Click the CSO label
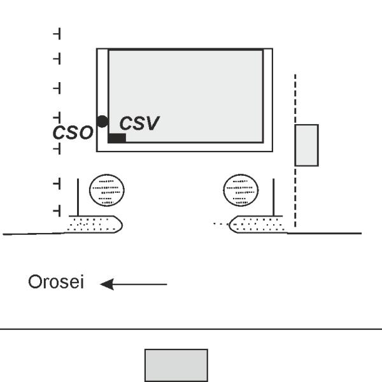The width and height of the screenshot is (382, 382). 73,132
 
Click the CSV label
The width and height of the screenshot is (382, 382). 139,124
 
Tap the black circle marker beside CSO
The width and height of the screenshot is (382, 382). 102,122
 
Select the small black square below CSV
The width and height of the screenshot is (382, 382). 117,138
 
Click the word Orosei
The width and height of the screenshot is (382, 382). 56,282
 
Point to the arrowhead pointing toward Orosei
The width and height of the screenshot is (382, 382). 107,284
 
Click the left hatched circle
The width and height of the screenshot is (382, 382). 107,190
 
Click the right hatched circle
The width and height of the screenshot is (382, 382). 241,190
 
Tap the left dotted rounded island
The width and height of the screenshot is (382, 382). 94,224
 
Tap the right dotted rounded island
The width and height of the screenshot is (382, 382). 257,224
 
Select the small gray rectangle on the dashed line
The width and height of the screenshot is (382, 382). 306,145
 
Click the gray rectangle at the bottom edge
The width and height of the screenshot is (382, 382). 176,365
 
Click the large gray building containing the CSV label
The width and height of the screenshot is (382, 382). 186,96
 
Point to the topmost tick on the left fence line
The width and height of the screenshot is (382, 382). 57,34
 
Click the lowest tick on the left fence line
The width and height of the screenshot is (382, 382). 57,211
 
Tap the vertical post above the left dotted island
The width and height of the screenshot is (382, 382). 78,197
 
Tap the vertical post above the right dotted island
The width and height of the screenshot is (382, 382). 273,197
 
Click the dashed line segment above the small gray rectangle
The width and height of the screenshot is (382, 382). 295,99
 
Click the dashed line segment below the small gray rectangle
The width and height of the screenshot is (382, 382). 295,197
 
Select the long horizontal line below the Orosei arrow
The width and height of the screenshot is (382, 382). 191,329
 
